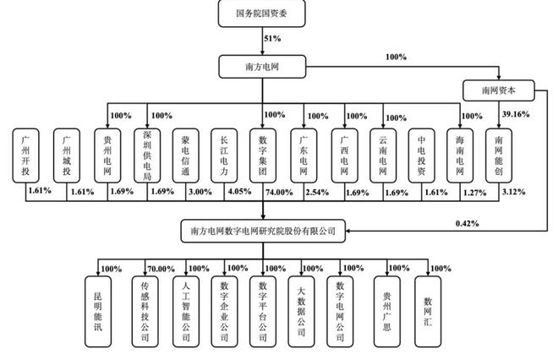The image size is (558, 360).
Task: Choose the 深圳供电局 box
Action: [149, 155]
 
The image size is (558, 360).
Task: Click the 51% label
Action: [272, 39]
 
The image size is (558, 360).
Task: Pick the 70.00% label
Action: [161, 269]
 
